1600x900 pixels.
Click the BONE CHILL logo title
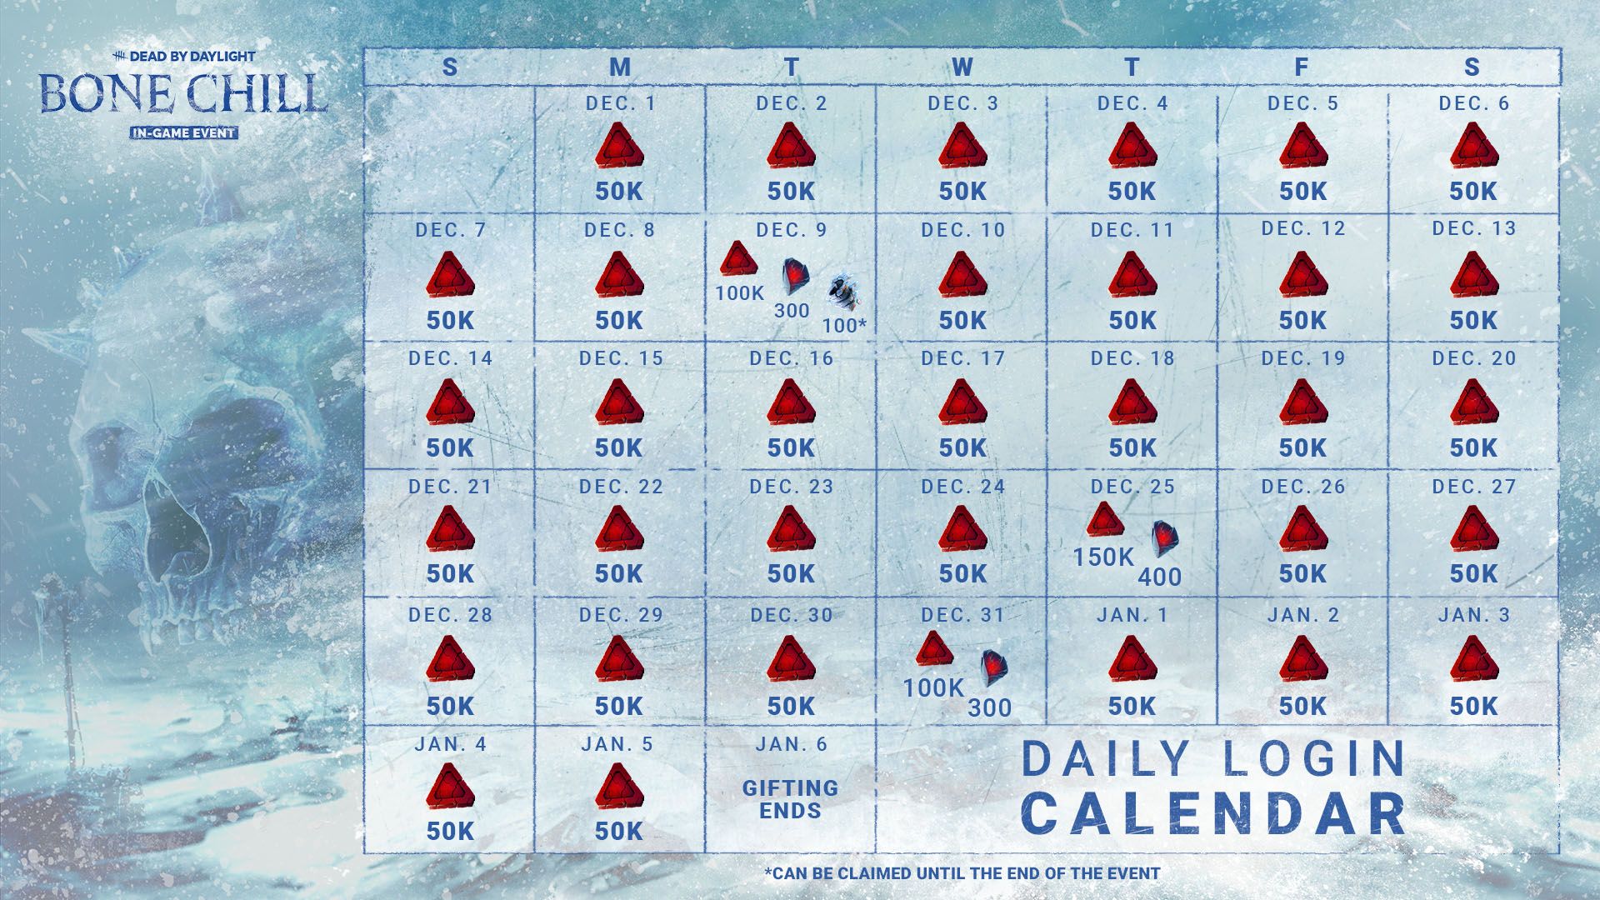(x=182, y=94)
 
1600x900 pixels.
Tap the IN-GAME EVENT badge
(x=183, y=132)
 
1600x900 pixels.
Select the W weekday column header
(x=962, y=67)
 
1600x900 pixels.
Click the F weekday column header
(x=1301, y=67)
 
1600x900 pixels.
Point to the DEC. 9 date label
(x=792, y=230)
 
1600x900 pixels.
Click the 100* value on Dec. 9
(x=844, y=326)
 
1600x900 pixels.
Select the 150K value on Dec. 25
(x=1103, y=557)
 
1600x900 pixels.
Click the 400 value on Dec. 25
(x=1160, y=577)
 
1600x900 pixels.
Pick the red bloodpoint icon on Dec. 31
(x=933, y=648)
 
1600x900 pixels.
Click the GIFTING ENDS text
(x=790, y=799)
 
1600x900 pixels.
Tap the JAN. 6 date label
(x=791, y=744)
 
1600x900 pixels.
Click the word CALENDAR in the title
(x=1213, y=812)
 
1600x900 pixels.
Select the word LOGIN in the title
(x=1300, y=758)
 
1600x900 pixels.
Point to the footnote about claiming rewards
(x=962, y=873)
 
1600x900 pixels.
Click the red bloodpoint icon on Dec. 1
(x=619, y=146)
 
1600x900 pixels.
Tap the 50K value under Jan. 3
(x=1472, y=706)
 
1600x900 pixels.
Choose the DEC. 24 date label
(x=962, y=487)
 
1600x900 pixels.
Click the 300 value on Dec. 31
(x=989, y=708)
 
